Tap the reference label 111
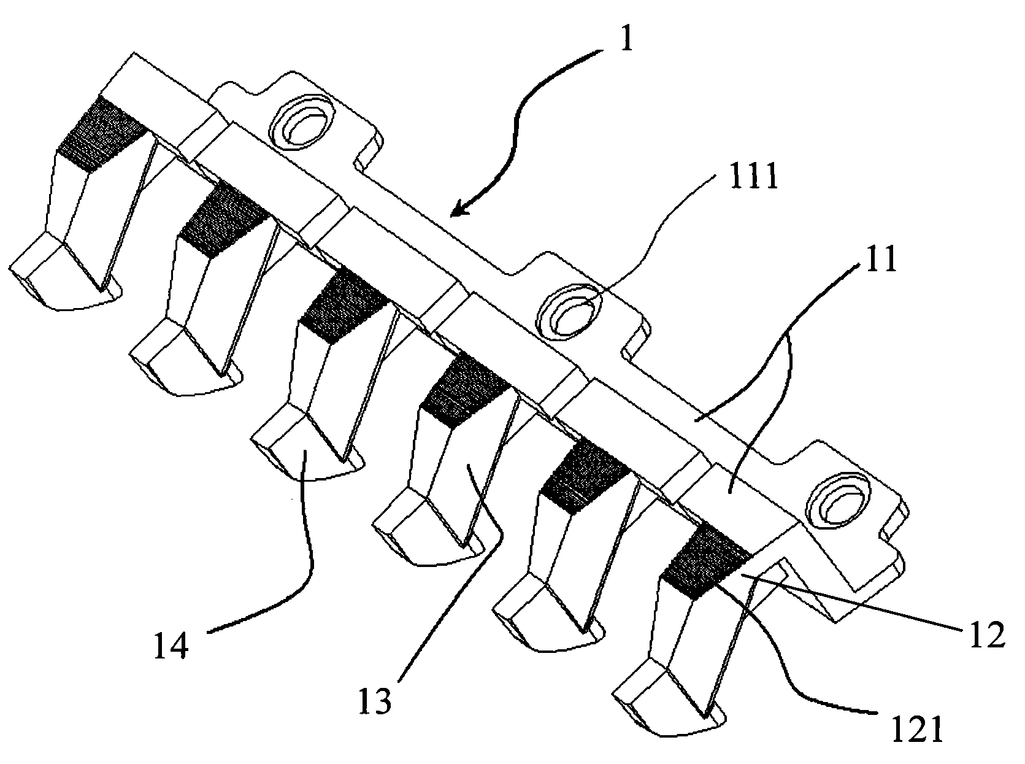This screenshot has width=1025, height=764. [753, 175]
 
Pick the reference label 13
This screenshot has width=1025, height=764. [375, 700]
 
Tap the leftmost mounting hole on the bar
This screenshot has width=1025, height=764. [301, 122]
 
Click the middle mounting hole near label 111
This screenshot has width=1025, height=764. [569, 310]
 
